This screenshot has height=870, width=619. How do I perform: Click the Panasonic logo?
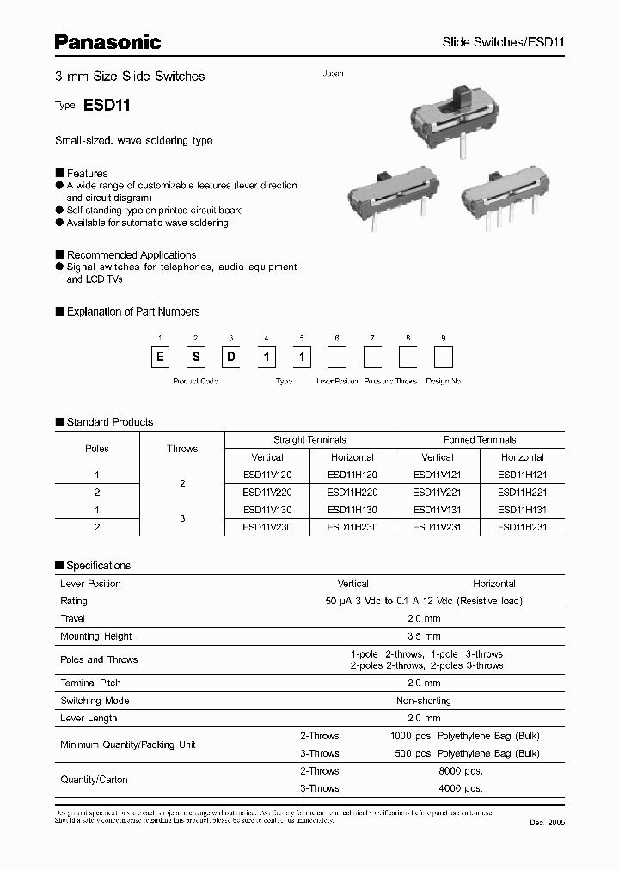[x=107, y=41]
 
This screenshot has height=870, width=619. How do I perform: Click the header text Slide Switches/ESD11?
[x=502, y=42]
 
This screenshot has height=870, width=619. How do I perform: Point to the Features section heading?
[x=87, y=173]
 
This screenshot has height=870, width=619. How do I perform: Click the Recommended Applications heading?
[x=131, y=254]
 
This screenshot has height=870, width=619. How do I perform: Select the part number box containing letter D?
[x=231, y=357]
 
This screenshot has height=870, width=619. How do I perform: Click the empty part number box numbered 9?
[x=443, y=357]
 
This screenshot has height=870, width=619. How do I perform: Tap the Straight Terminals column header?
[x=309, y=439]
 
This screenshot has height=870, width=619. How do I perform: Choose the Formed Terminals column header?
[x=480, y=439]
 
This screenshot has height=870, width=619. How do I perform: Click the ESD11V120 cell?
[x=267, y=475]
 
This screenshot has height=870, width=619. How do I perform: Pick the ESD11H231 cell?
[x=523, y=527]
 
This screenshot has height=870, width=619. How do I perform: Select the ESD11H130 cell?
[x=352, y=510]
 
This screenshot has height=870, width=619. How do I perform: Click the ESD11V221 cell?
[x=438, y=493]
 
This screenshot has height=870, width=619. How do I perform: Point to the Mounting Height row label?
[x=96, y=636]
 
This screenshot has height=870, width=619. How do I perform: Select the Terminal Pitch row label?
[x=90, y=683]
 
